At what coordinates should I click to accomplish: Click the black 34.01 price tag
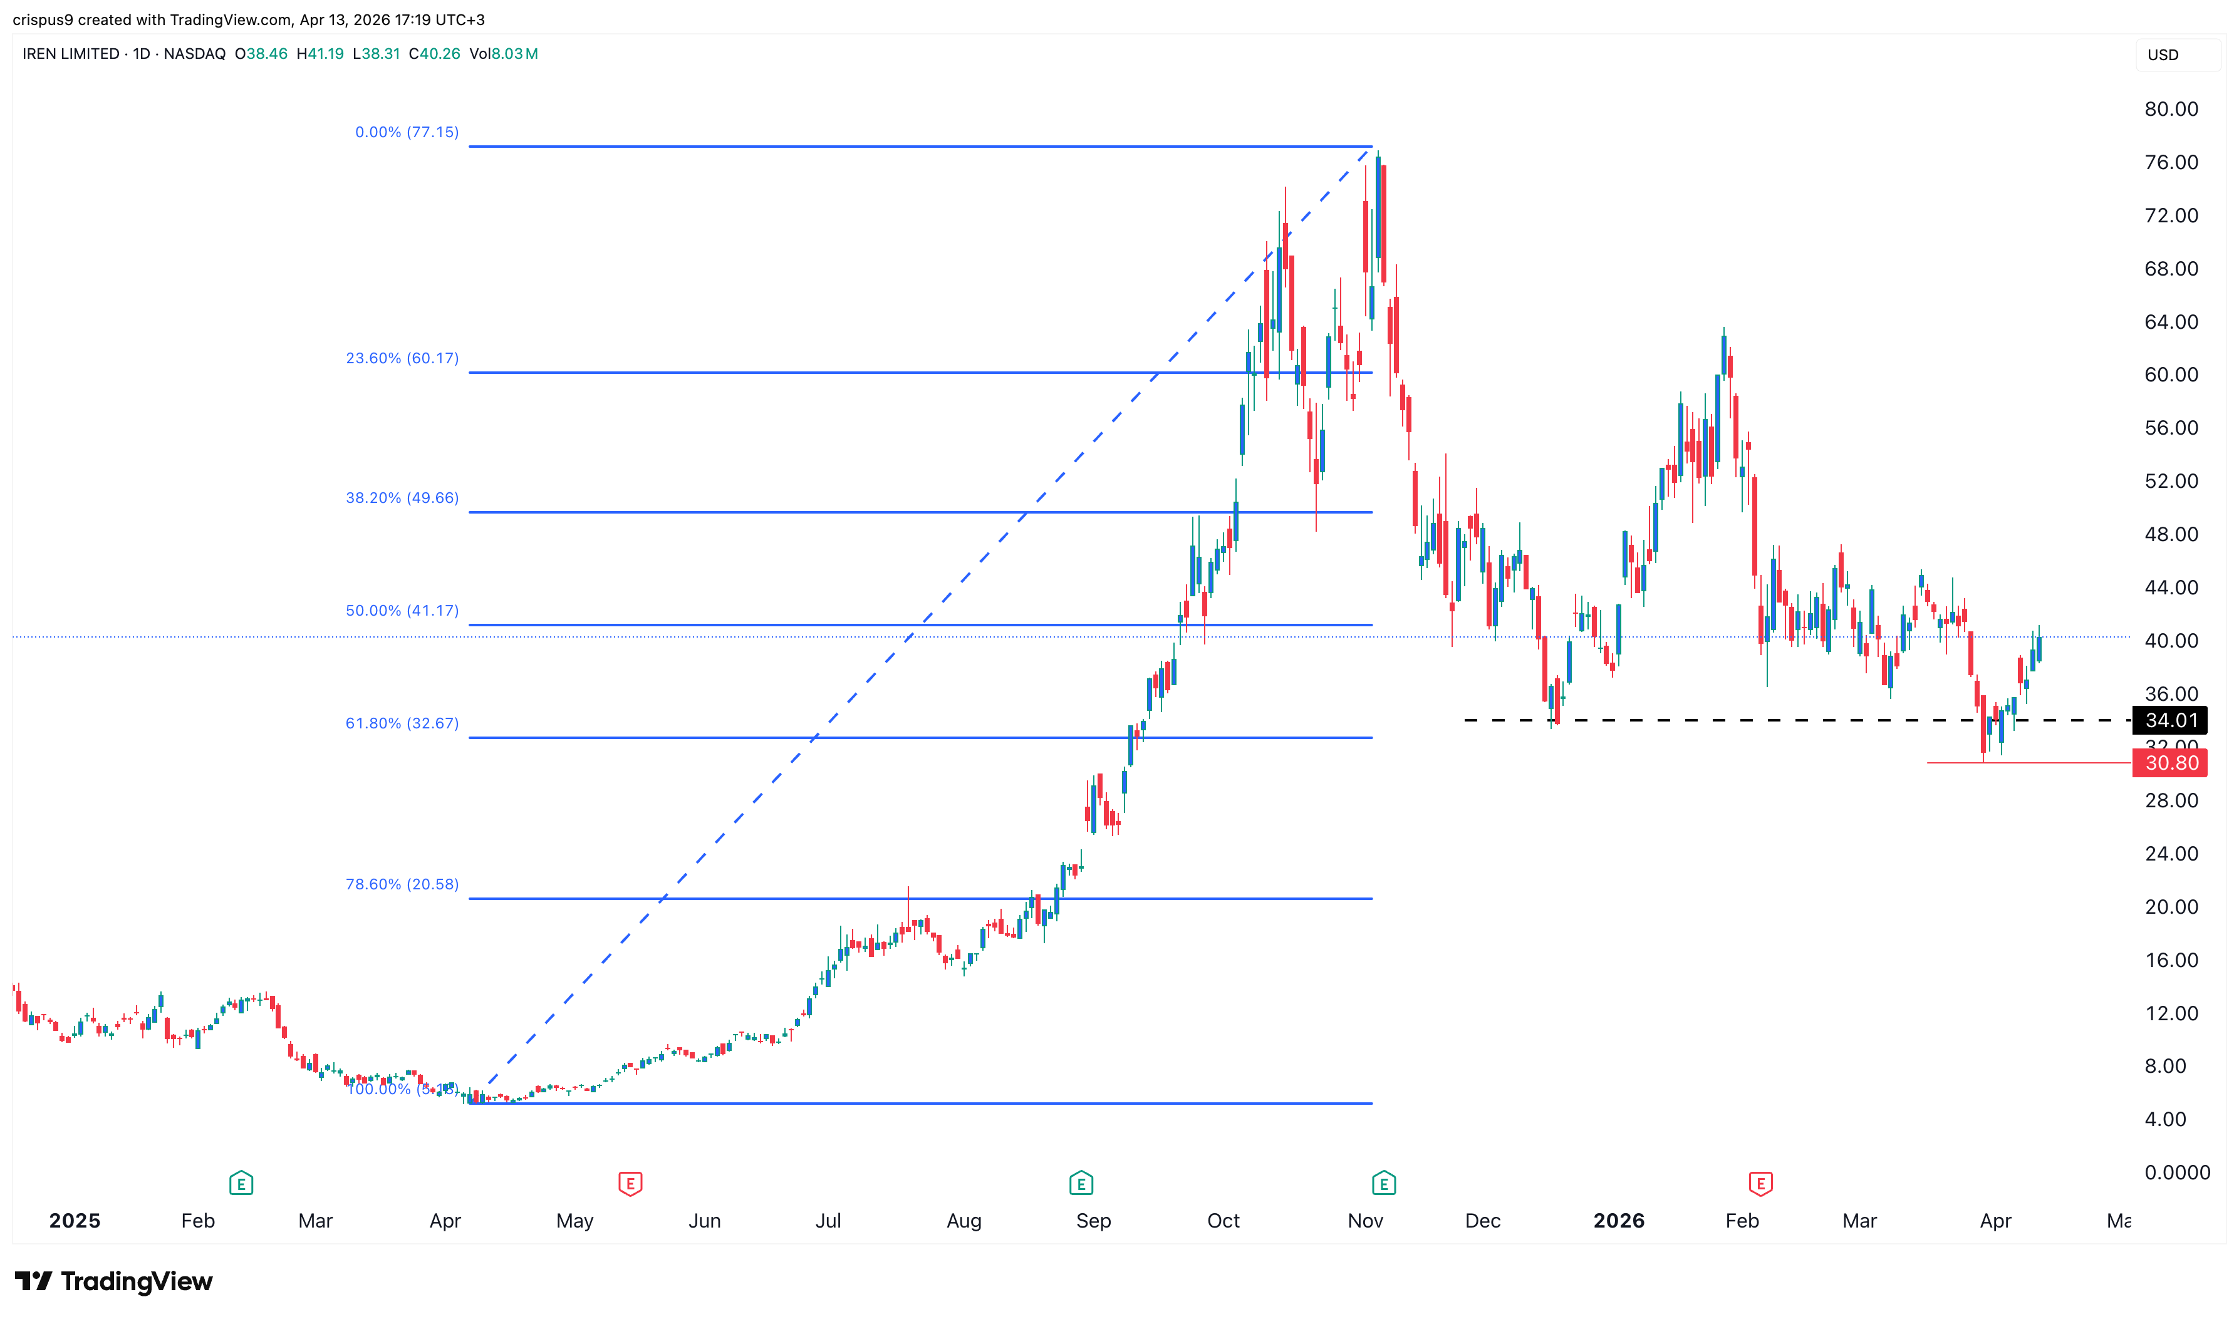(2169, 721)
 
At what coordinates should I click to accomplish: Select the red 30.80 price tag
(2169, 763)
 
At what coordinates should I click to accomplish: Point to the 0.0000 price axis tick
(2176, 1173)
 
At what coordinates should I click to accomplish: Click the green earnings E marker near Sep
(1081, 1184)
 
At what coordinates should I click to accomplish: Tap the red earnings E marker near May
(630, 1184)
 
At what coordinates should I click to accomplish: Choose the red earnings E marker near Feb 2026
(1760, 1184)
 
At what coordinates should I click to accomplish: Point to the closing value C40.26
(435, 54)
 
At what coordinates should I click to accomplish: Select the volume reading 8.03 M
(514, 54)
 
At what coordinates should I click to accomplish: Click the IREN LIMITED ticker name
(71, 54)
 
